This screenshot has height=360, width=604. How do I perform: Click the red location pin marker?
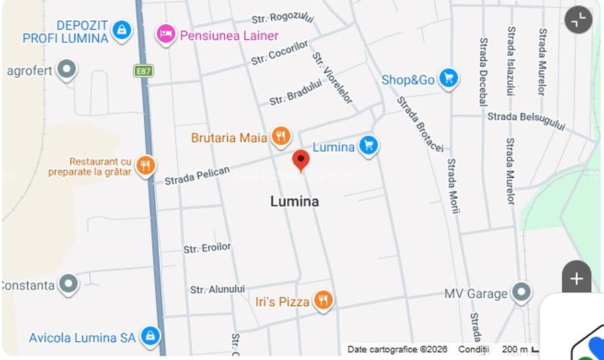[301, 160]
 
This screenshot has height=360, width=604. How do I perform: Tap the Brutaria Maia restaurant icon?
[281, 137]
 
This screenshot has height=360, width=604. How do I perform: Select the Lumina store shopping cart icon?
[368, 146]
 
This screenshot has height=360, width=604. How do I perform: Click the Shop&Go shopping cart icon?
[448, 79]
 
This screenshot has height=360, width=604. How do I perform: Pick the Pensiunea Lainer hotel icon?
[166, 34]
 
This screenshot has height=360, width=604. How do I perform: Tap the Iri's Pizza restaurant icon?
[323, 300]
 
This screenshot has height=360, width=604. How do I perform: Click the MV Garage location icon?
[521, 293]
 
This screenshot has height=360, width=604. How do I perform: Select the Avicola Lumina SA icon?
[150, 336]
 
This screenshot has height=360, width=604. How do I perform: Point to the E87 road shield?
[143, 71]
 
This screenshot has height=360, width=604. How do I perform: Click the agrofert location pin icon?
[66, 69]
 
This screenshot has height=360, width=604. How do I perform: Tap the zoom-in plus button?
[576, 278]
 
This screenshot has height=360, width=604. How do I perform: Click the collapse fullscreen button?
[578, 20]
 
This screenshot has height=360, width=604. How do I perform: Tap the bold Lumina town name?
[295, 201]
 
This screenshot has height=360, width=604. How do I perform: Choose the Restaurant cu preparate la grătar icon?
[146, 165]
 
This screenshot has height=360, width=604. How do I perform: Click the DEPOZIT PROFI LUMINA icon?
[121, 30]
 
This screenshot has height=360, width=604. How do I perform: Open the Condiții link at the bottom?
[474, 349]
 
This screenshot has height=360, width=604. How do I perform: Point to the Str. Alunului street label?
[217, 289]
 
